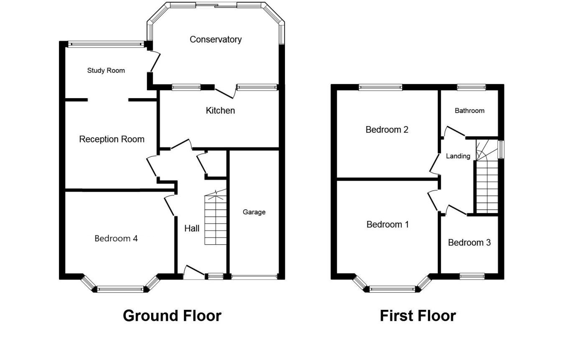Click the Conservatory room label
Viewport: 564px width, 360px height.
[216, 40]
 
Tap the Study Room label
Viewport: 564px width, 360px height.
[106, 71]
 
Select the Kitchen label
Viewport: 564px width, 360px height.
[220, 111]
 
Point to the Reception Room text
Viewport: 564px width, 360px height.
[112, 139]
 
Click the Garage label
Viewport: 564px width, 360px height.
[254, 212]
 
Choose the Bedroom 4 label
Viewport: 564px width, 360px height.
[116, 238]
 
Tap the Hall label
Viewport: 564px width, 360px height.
[192, 228]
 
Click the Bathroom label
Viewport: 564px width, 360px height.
[470, 111]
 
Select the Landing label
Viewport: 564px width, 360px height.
[458, 156]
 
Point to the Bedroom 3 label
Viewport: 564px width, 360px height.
[469, 242]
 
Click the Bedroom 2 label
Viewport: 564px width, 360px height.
[387, 129]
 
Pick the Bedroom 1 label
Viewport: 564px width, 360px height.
[388, 224]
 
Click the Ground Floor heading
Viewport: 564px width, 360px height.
[172, 316]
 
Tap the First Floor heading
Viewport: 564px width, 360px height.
[418, 316]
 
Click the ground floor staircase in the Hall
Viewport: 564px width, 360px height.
[216, 217]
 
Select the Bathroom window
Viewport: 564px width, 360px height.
[471, 87]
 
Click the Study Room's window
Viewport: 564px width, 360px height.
[106, 44]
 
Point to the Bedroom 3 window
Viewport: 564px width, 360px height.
[472, 276]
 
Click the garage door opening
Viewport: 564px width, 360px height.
[254, 277]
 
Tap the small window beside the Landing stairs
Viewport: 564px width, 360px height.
[501, 150]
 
